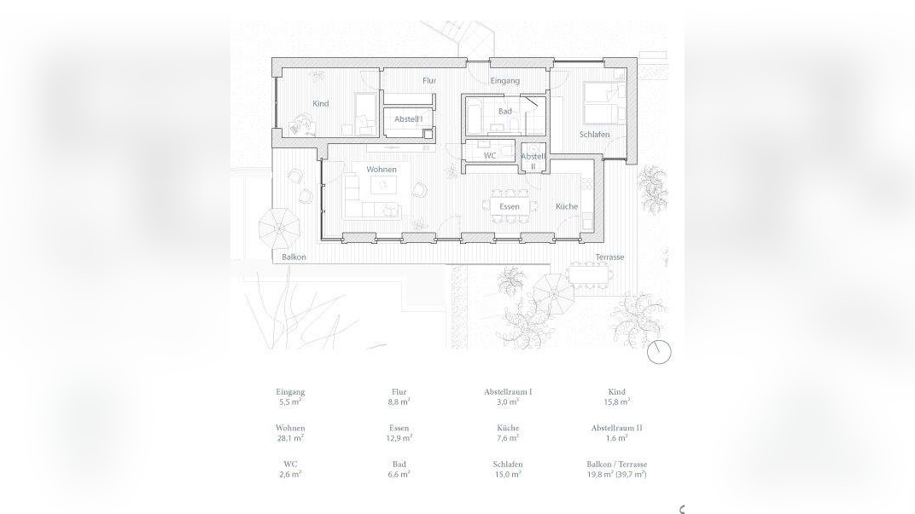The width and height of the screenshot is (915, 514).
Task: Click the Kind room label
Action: [x=320, y=104]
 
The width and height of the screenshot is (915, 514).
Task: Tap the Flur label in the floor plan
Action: [x=428, y=81]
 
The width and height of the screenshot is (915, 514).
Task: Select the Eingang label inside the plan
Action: [x=504, y=81]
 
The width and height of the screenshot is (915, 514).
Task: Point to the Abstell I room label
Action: [x=409, y=118]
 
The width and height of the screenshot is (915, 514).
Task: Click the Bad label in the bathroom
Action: [x=504, y=112]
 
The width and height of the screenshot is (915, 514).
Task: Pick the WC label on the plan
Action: [x=490, y=156]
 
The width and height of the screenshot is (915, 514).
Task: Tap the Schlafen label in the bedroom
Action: [x=595, y=135]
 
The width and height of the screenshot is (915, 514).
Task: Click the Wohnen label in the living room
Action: [x=382, y=170]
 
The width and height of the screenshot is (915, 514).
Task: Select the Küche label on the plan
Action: [x=567, y=206]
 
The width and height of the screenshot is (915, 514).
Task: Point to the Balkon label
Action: [x=294, y=257]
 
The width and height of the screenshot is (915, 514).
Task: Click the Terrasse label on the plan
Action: [x=609, y=257]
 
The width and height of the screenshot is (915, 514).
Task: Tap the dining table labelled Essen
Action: [x=510, y=206]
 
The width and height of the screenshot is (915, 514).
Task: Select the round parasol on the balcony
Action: [x=279, y=228]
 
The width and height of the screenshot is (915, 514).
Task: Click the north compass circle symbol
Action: [x=660, y=352]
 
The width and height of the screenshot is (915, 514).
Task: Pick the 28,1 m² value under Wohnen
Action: [x=290, y=437]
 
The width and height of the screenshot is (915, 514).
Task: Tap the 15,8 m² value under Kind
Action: [x=617, y=401]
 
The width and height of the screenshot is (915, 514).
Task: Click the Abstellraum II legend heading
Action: [x=617, y=428]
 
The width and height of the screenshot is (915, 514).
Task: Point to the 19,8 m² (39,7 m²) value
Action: [x=617, y=475]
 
